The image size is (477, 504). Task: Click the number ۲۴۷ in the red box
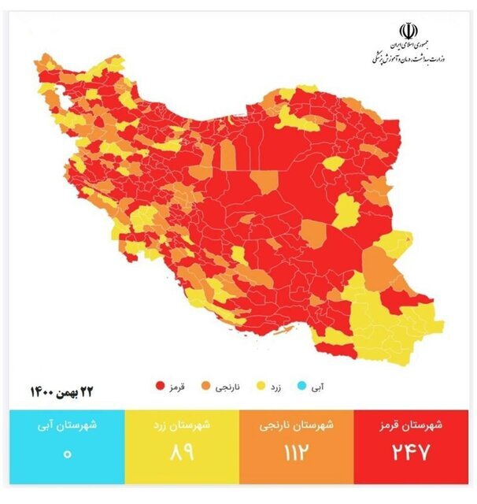pos(415,455)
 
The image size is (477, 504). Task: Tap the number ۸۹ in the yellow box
pos(180,455)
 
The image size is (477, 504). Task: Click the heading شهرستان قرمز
pos(415,426)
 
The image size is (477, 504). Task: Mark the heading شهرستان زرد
pos(180,426)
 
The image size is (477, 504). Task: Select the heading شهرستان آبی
pos(66,426)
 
